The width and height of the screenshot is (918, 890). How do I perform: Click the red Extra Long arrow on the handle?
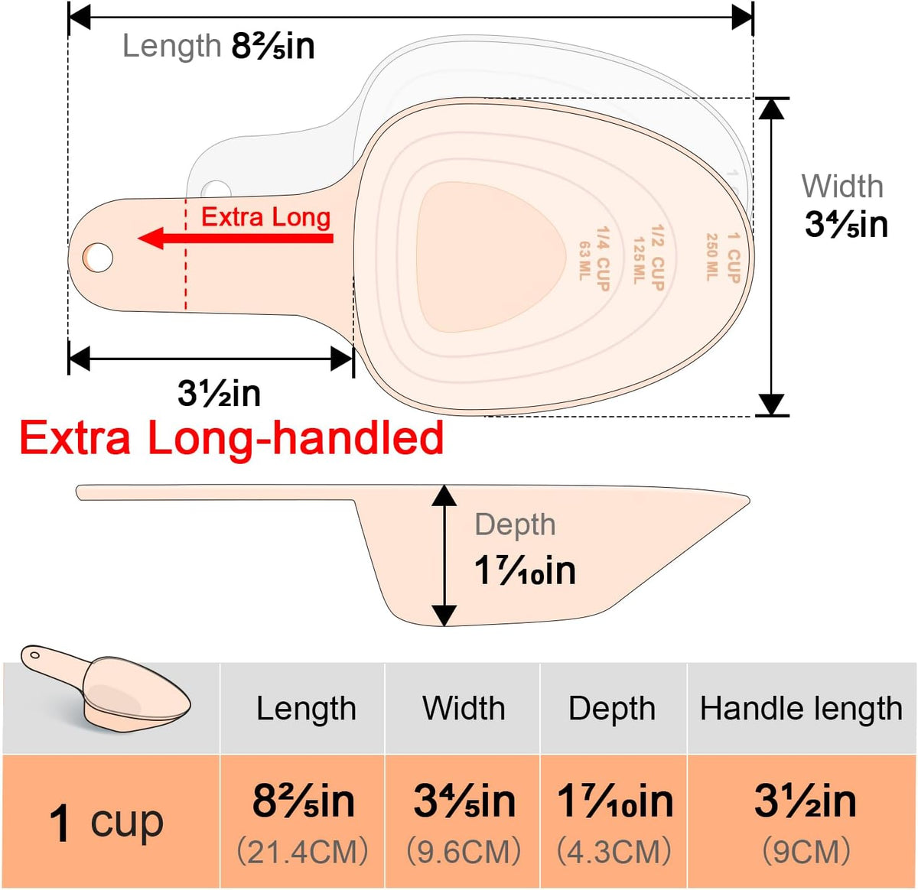click(x=236, y=238)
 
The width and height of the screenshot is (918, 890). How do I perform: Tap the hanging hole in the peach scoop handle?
click(x=98, y=258)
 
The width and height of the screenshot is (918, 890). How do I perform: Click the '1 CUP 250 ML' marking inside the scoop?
click(x=723, y=258)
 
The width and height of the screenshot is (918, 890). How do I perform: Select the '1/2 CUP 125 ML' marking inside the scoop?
click(x=649, y=258)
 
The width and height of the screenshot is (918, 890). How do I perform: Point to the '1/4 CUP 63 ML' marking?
click(x=594, y=258)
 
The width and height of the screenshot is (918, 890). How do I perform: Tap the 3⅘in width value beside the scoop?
click(x=846, y=224)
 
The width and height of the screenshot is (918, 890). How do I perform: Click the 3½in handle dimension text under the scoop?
click(x=219, y=393)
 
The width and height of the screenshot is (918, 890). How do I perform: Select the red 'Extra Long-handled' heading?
click(x=232, y=438)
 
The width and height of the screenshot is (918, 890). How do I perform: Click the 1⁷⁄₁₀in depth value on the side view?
click(x=525, y=571)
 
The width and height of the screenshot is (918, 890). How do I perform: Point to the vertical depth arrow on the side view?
click(x=444, y=556)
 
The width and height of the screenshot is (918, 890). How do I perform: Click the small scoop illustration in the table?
click(x=106, y=688)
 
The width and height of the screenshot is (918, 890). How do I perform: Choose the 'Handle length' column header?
click(x=801, y=708)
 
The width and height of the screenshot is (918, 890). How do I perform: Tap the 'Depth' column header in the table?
click(x=612, y=709)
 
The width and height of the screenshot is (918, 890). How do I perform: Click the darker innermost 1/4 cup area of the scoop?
click(x=490, y=258)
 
